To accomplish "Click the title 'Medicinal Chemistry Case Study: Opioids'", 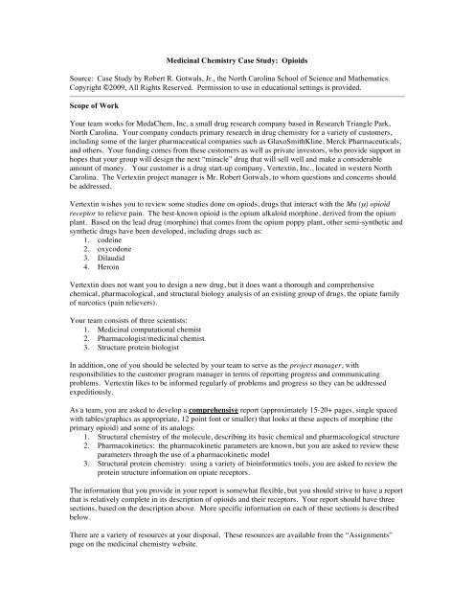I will pos(237,59).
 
